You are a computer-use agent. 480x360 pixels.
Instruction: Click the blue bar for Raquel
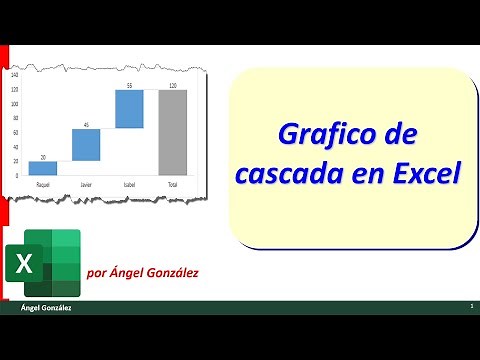click(x=43, y=168)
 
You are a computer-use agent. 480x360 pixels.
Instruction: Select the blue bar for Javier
click(x=86, y=144)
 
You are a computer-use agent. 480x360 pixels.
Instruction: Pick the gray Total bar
click(x=173, y=134)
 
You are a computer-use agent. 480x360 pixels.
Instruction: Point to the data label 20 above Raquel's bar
click(x=43, y=156)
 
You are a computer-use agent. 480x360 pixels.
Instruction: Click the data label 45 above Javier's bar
click(x=86, y=124)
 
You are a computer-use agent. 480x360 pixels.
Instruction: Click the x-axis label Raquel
click(x=43, y=185)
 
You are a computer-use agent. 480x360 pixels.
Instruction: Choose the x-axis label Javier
click(x=86, y=185)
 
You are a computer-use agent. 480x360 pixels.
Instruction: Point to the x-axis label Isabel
click(x=130, y=185)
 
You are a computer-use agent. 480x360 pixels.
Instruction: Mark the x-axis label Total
click(x=173, y=185)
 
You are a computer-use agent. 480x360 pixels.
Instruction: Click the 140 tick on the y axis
click(x=15, y=75)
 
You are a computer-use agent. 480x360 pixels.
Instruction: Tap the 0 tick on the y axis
click(x=17, y=176)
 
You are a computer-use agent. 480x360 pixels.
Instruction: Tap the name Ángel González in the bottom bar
click(x=45, y=308)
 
